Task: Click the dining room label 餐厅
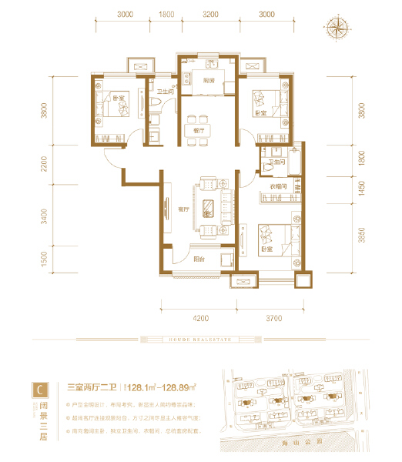[198, 131]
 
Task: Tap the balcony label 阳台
[197, 259]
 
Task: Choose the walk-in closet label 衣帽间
[277, 186]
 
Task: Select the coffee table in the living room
[209, 206]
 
